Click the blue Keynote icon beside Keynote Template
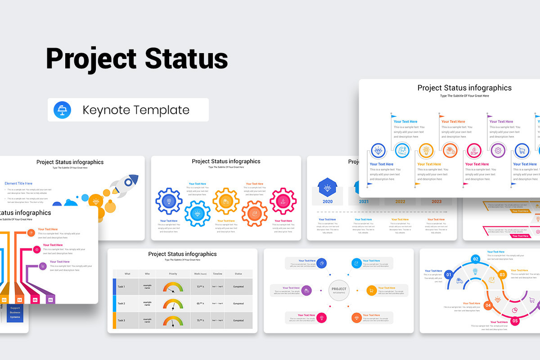click(62, 110)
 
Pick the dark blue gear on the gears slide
click(169, 201)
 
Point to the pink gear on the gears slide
click(283, 201)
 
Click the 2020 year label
click(328, 202)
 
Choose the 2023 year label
click(436, 202)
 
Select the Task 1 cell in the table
click(121, 287)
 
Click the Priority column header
click(173, 274)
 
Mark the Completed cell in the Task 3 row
click(238, 320)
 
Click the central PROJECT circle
click(339, 290)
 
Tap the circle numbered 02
click(476, 259)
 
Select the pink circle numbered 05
click(515, 321)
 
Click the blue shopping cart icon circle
click(522, 150)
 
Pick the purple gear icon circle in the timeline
click(498, 150)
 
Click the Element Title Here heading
click(18, 183)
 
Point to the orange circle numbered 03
click(502, 274)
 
